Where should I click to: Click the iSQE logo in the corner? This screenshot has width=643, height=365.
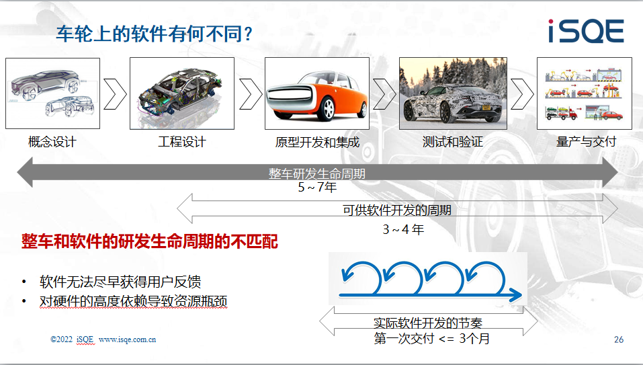[x=586, y=30]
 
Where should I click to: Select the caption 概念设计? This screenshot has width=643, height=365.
[x=52, y=142]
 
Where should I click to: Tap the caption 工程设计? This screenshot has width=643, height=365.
[x=182, y=142]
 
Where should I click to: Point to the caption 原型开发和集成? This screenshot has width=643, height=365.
[x=317, y=142]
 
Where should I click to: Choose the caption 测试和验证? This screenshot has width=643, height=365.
[x=453, y=142]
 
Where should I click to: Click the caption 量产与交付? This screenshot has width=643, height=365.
[x=586, y=141]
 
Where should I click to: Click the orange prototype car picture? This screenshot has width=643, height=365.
[x=317, y=93]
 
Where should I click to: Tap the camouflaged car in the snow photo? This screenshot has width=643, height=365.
[x=453, y=93]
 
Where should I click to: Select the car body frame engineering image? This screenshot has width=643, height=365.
[x=182, y=93]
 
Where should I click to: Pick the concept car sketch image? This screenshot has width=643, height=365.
[x=52, y=93]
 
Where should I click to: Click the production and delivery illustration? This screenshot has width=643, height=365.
[x=585, y=93]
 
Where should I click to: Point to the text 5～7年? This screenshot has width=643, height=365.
[x=317, y=188]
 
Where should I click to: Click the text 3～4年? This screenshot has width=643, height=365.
[x=403, y=229]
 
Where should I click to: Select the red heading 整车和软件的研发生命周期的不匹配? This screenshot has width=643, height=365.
[x=150, y=241]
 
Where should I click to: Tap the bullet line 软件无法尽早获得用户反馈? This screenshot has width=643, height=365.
[x=120, y=282]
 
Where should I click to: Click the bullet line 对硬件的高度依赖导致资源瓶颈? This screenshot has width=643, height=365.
[x=133, y=301]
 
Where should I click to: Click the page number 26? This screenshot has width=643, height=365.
[x=619, y=339]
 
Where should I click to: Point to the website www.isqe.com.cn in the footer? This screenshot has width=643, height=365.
[x=127, y=339]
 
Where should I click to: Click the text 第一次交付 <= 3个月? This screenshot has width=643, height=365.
[x=432, y=339]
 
